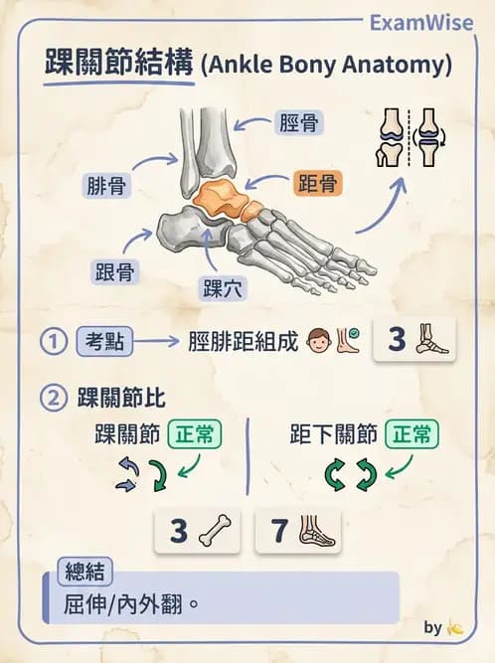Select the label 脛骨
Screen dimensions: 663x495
(298, 124)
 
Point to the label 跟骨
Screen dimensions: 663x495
(114, 270)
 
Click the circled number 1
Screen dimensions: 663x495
(53, 341)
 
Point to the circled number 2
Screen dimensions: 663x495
(53, 399)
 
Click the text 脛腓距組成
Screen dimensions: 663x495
(243, 341)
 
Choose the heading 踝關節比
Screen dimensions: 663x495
(121, 399)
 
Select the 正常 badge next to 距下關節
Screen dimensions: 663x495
(411, 434)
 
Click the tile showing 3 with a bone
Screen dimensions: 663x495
(197, 531)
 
